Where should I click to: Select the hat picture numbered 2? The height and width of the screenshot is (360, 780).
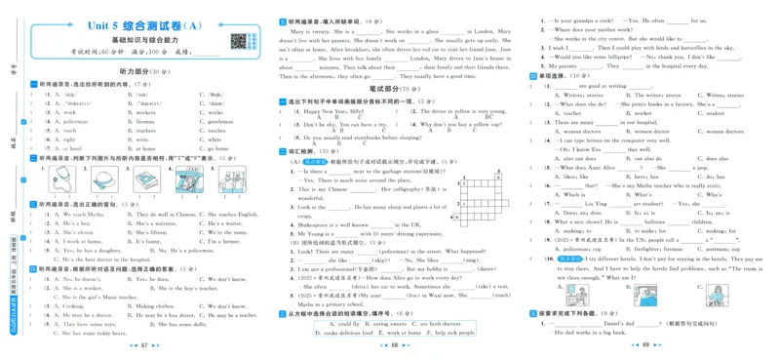coord(100,180)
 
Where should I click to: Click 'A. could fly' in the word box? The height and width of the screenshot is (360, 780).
coord(347,323)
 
